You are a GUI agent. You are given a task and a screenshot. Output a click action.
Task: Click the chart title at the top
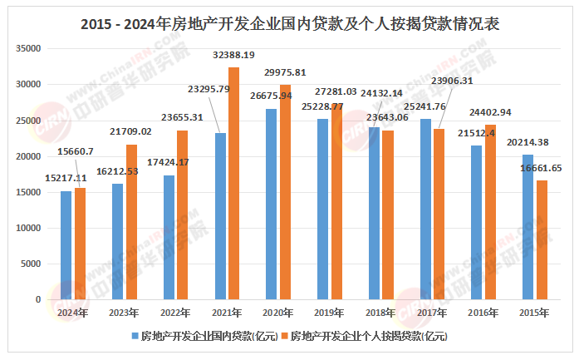click(x=290, y=24)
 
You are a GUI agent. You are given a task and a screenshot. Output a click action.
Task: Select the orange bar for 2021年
click(x=233, y=183)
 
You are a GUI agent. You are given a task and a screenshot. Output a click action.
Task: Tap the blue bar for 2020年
click(x=271, y=204)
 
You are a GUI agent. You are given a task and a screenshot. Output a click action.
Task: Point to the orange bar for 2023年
click(x=131, y=222)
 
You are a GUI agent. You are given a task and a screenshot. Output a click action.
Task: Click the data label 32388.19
click(x=234, y=55)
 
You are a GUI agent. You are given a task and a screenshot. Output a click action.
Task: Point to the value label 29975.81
click(x=285, y=72)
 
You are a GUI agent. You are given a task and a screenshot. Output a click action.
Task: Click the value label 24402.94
click(x=490, y=112)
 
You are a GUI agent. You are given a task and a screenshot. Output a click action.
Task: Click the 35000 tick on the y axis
click(x=29, y=48)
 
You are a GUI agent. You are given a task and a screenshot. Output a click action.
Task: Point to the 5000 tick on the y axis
click(x=32, y=264)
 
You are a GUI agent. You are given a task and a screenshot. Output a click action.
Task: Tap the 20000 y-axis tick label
click(x=29, y=156)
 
